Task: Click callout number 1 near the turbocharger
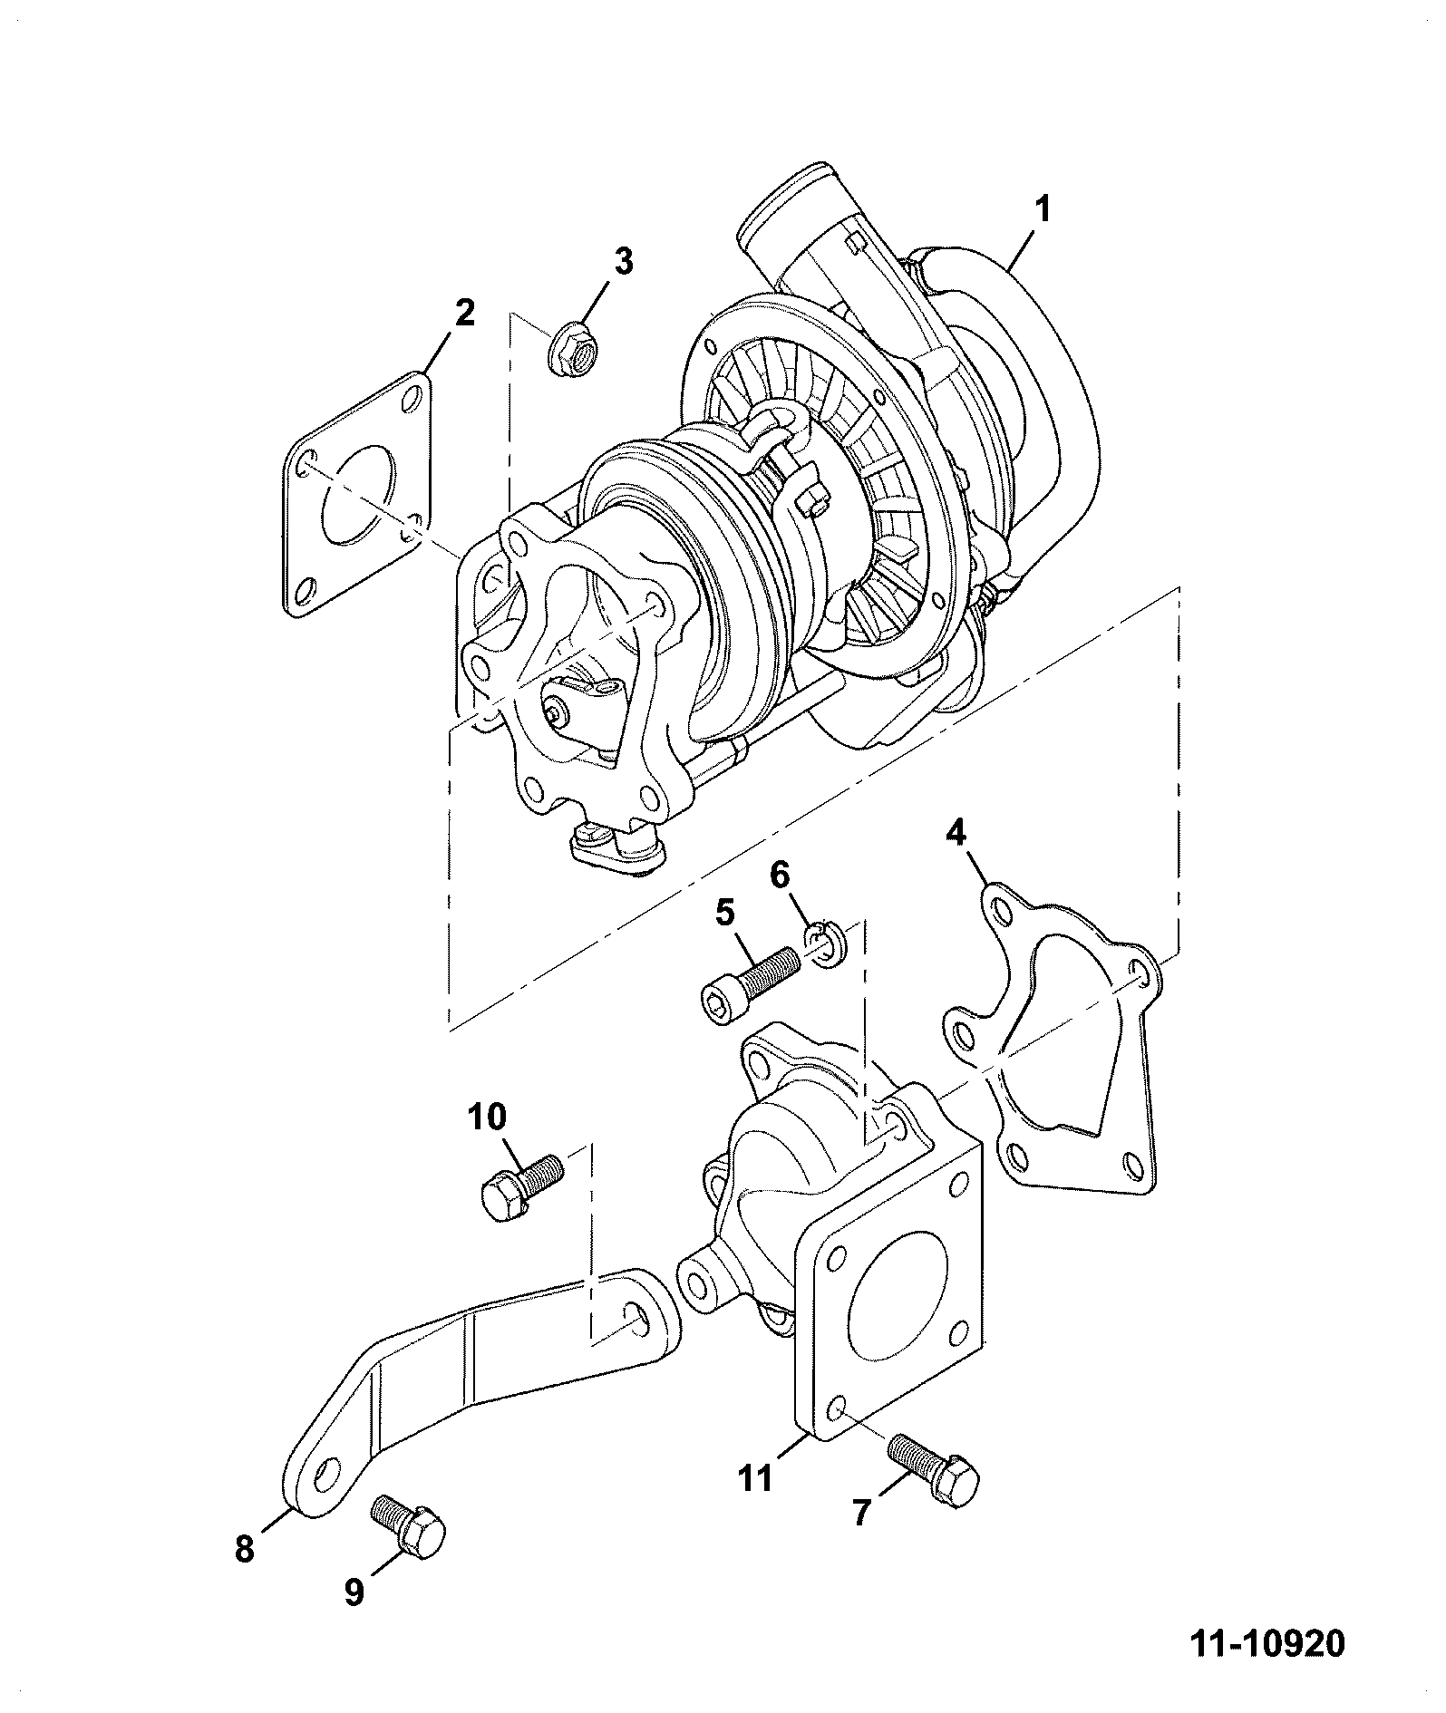click(1043, 210)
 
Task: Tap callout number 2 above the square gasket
click(463, 314)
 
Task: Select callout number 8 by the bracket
click(244, 1548)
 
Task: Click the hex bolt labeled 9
click(409, 1525)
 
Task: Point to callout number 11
click(754, 1504)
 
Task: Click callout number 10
click(488, 1118)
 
